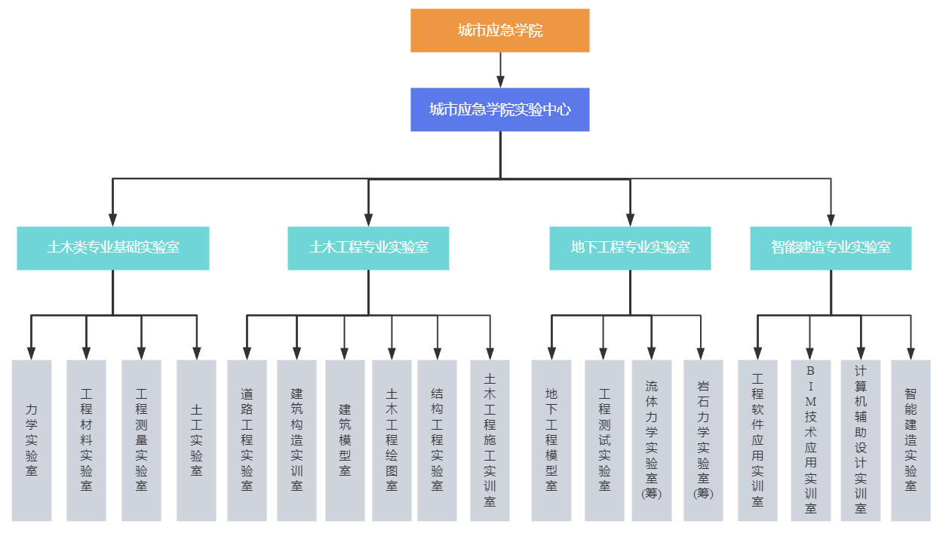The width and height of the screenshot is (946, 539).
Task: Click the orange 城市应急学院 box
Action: click(499, 30)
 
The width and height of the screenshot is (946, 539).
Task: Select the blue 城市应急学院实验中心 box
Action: click(499, 109)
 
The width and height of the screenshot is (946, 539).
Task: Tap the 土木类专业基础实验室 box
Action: click(112, 248)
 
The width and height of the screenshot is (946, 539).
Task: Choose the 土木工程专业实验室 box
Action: click(368, 248)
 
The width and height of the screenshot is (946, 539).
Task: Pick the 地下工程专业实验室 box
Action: click(630, 248)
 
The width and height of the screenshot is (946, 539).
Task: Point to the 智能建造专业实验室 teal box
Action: click(831, 248)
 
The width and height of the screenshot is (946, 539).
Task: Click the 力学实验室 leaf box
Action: click(32, 440)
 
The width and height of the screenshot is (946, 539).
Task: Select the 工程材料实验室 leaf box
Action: click(86, 440)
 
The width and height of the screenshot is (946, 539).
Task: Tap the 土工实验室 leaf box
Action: click(196, 440)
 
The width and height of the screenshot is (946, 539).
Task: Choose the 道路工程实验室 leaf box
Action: click(247, 440)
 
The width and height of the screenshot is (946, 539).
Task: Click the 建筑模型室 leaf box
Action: click(345, 440)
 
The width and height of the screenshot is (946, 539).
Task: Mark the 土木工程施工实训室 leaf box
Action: click(490, 440)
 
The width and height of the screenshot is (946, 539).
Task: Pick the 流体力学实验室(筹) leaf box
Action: click(652, 440)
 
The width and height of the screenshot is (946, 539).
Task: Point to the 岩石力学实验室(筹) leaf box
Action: click(703, 440)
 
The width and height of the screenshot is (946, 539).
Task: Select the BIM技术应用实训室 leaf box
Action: click(811, 440)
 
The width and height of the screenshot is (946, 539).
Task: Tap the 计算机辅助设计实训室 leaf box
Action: click(861, 440)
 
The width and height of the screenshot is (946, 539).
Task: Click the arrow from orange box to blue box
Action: click(500, 70)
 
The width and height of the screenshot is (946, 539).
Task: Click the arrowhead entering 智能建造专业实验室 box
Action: click(831, 220)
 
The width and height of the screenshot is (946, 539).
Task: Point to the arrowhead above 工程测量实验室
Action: click(142, 354)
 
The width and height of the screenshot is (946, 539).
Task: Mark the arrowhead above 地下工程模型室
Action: click(551, 354)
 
